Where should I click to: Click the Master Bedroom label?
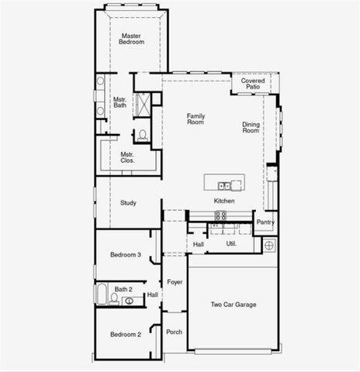click(x=132, y=39)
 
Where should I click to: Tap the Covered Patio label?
click(x=252, y=84)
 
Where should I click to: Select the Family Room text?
click(x=196, y=119)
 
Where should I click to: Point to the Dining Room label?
click(x=251, y=128)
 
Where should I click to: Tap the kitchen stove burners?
click(x=220, y=215)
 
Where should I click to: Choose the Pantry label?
click(x=265, y=222)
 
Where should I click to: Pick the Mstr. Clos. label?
click(x=126, y=158)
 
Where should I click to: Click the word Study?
click(x=128, y=203)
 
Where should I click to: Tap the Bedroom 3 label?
click(x=125, y=255)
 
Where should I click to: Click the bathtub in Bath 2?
click(x=102, y=294)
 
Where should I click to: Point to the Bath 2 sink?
click(x=130, y=301)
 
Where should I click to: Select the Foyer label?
click(x=175, y=282)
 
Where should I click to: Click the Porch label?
click(x=174, y=332)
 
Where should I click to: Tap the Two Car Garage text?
click(x=234, y=305)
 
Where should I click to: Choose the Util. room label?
click(x=230, y=243)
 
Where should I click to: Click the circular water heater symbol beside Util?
click(x=269, y=245)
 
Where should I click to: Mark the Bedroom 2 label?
click(x=125, y=335)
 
